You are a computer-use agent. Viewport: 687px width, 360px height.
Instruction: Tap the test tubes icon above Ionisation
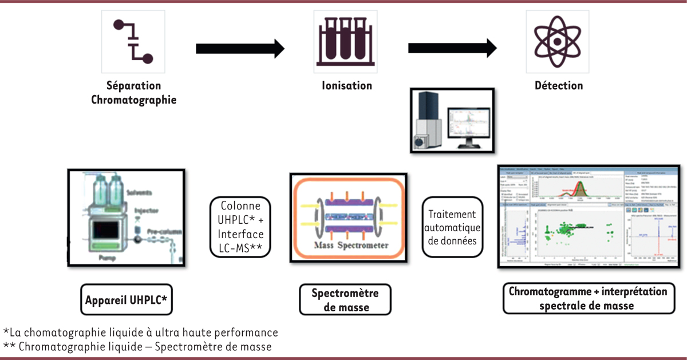pyautogui.click(x=342, y=41)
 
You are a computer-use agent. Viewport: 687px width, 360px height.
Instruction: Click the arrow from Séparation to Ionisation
pyautogui.click(x=240, y=49)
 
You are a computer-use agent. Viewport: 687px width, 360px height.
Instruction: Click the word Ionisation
pyautogui.click(x=346, y=86)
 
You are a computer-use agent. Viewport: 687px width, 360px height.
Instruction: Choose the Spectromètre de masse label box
pyautogui.click(x=345, y=299)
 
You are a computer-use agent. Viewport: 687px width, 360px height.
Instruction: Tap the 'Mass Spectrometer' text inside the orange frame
pyautogui.click(x=350, y=246)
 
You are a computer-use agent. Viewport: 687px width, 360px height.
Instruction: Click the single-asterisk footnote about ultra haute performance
pyautogui.click(x=140, y=332)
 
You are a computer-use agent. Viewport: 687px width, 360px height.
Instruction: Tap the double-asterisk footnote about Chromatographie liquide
pyautogui.click(x=137, y=346)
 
